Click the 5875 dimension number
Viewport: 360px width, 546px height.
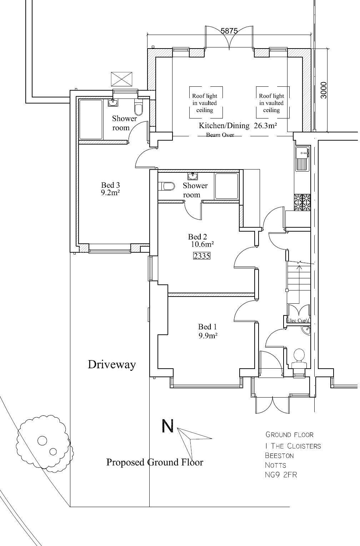click(x=229, y=31)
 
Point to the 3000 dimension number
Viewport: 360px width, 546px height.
click(x=323, y=90)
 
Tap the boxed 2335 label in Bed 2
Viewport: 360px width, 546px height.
click(x=201, y=256)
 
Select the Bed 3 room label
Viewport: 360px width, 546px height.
click(x=110, y=185)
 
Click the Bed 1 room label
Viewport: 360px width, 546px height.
click(x=207, y=327)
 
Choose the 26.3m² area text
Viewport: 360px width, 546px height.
click(x=266, y=126)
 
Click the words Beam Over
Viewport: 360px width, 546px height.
click(x=220, y=135)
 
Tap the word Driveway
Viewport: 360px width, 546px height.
click(x=112, y=364)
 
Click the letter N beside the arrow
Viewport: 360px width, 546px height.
click(x=168, y=426)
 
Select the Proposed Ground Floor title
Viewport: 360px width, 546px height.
click(x=155, y=462)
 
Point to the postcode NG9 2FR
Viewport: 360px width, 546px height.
click(x=281, y=475)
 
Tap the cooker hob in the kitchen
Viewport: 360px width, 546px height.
click(x=302, y=202)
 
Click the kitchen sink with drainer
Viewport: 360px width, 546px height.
click(x=302, y=159)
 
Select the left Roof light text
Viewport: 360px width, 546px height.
click(x=205, y=103)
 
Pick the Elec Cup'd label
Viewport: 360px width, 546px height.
click(x=298, y=320)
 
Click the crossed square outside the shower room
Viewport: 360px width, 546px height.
click(x=121, y=79)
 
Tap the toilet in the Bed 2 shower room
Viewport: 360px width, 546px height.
click(x=167, y=186)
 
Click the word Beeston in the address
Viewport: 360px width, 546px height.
click(x=279, y=456)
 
